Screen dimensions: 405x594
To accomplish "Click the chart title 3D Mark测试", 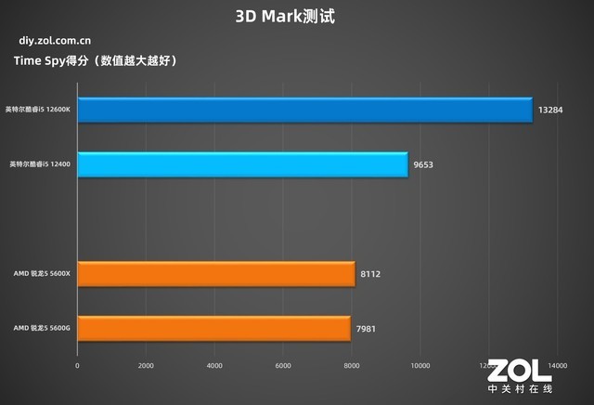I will (297, 16).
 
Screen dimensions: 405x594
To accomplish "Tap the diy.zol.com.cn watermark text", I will (52, 41).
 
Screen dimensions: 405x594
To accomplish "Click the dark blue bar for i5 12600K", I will (304, 110).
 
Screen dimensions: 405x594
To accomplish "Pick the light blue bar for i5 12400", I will (242, 164).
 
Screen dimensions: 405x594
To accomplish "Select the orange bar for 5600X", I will (216, 274).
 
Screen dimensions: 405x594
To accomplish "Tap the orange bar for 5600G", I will (213, 328).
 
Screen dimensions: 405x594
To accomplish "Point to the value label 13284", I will (550, 111).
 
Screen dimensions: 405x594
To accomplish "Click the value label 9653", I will (424, 164).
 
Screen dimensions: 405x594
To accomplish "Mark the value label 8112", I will (371, 274).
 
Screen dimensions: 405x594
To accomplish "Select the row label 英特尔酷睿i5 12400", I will (41, 164).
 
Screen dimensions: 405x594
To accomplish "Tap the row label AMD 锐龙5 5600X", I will (42, 274).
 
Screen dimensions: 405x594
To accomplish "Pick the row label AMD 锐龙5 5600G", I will (42, 328).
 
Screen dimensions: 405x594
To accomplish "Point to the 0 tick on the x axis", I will (77, 366).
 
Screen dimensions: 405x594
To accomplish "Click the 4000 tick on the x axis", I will (214, 366).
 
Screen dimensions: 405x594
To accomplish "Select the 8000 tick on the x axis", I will (351, 366).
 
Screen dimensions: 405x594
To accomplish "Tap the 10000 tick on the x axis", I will (420, 366).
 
